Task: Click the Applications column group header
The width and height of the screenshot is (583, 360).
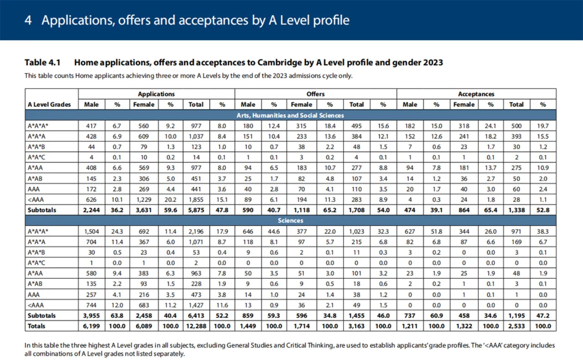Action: click(156, 94)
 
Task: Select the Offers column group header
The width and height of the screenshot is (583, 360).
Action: click(315, 94)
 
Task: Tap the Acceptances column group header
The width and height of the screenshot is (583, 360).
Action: click(476, 94)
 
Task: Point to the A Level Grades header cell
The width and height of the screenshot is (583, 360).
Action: click(50, 104)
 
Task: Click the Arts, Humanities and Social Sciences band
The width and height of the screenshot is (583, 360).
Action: click(290, 115)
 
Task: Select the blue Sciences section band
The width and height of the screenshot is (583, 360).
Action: click(290, 221)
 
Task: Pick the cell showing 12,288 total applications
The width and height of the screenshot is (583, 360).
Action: click(196, 326)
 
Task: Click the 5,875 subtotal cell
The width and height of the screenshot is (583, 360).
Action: click(196, 210)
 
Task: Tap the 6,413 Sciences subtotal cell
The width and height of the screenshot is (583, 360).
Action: click(196, 315)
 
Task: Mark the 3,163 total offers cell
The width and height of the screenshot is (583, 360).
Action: click(356, 326)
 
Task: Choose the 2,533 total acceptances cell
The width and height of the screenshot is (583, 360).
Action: click(516, 326)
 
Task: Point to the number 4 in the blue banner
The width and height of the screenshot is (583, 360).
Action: click(28, 21)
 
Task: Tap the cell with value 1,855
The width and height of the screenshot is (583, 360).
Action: click(196, 200)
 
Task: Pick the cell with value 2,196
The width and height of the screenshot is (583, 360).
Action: click(196, 231)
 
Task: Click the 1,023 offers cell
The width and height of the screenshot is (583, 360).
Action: click(356, 231)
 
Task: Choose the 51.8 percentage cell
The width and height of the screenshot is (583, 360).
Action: click(436, 231)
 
